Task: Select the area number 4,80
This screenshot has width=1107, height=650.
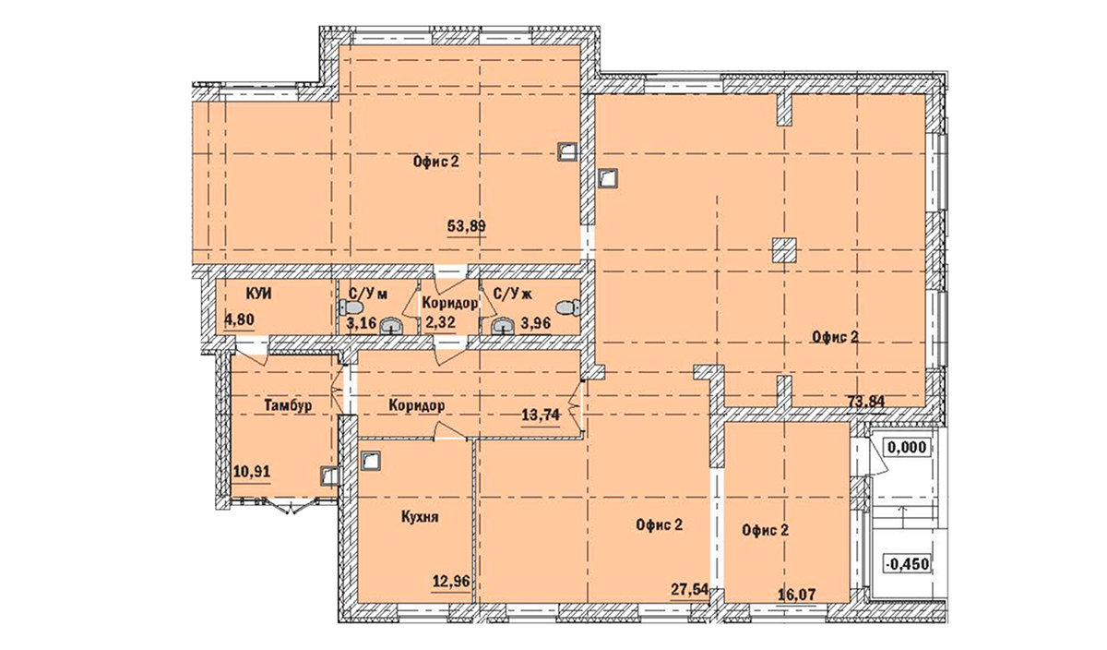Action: pos(239,321)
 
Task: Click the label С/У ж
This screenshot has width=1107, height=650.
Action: pos(514,295)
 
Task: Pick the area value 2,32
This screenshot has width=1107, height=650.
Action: pos(442,322)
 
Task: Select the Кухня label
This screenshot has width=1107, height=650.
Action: pos(419,518)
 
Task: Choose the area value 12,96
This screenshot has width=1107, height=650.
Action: pos(450,582)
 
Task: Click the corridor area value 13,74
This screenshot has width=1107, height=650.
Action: pos(541,415)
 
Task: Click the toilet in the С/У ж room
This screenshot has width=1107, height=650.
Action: pos(572,307)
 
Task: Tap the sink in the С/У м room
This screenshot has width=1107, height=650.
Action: pos(391,324)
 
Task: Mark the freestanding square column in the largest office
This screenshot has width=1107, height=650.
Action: pos(784,249)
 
